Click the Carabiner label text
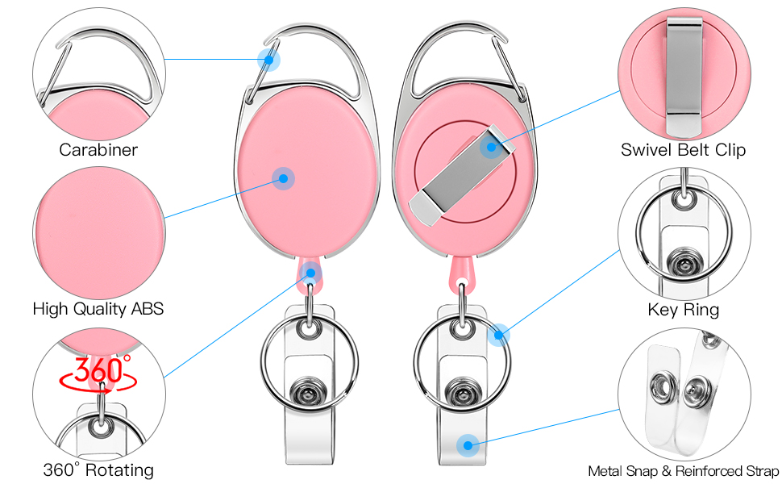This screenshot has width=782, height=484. [x=98, y=150]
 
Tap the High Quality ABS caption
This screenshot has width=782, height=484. [x=98, y=309]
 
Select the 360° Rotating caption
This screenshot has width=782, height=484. [x=98, y=470]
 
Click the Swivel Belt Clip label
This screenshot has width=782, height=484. [x=683, y=150]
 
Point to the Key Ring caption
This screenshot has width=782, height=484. [x=684, y=310]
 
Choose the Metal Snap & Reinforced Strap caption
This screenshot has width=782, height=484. [x=684, y=471]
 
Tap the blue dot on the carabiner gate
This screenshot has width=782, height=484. [x=268, y=60]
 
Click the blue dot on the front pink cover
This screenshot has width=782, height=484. [x=283, y=178]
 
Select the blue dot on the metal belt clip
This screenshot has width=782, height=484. [x=491, y=147]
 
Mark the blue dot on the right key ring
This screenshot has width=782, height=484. [x=498, y=335]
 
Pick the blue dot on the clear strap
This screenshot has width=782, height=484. [x=468, y=444]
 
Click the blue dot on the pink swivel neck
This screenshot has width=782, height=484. [x=310, y=273]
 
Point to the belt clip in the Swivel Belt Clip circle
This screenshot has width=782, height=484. [x=684, y=77]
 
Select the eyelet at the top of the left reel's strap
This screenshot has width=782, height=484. [x=310, y=329]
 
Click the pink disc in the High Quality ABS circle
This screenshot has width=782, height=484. [x=99, y=233]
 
